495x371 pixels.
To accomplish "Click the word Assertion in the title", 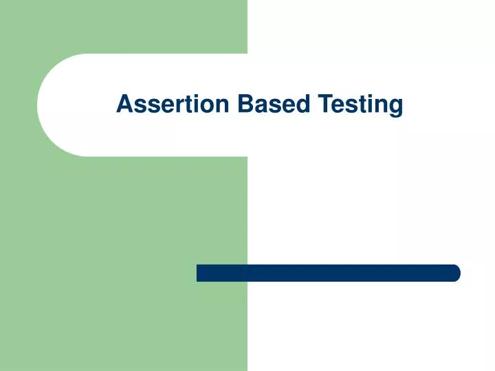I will click(173, 104).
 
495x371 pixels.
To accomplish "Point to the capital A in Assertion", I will click(124, 104).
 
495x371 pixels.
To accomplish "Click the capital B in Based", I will click(245, 104).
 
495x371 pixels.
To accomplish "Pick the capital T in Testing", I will click(324, 104).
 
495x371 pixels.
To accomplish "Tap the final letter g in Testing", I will click(395, 109).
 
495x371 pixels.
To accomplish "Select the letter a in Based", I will click(260, 106).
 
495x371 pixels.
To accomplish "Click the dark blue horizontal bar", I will click(328, 273).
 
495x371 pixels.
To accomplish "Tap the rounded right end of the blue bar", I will click(454, 273).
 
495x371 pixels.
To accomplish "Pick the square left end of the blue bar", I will click(200, 273).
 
